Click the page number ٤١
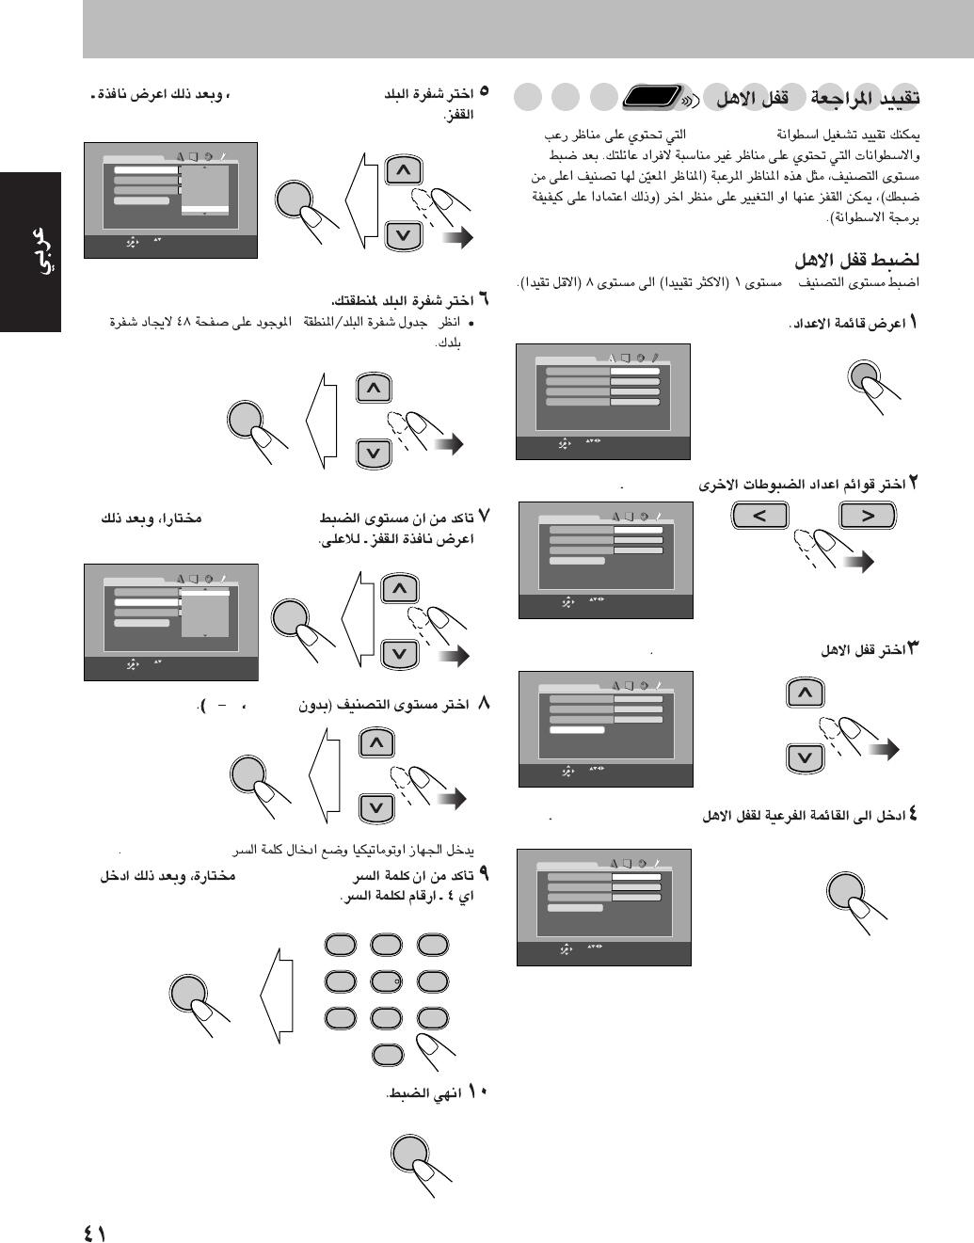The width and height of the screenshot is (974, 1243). (94, 1231)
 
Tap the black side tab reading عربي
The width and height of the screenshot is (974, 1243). (31, 252)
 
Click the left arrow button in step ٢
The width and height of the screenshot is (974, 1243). (758, 515)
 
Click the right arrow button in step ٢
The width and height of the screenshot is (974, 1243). (868, 515)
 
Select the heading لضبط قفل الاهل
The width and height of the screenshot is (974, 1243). (857, 260)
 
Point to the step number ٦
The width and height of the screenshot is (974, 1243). (483, 300)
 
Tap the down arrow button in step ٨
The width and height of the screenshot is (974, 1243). (376, 807)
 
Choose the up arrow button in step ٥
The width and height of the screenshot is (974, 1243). (403, 170)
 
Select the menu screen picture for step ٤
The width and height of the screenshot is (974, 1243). (603, 907)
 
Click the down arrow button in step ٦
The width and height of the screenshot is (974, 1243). (374, 454)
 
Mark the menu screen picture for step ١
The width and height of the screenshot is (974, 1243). (602, 401)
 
